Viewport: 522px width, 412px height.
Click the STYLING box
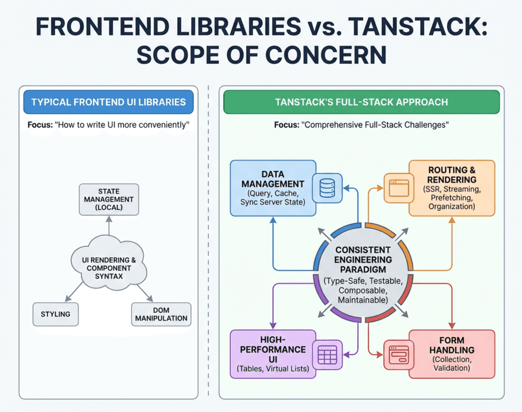(56, 314)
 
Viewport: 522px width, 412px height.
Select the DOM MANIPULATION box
(161, 314)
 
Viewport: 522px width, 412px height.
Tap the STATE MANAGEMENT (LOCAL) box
(109, 199)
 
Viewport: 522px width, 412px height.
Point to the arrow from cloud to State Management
(109, 226)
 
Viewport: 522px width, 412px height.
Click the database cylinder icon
(327, 188)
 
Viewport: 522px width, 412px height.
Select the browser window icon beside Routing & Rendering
(399, 188)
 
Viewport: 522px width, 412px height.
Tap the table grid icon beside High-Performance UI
(327, 355)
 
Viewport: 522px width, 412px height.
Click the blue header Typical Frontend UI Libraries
(108, 102)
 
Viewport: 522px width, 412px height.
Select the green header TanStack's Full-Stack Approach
(361, 102)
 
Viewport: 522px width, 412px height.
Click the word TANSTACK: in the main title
(418, 26)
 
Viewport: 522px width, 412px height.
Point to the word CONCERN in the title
(326, 55)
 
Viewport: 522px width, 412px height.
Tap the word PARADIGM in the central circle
(363, 269)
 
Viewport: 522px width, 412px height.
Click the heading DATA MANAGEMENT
(273, 179)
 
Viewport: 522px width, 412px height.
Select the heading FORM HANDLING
(452, 345)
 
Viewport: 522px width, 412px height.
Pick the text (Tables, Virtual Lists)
(273, 369)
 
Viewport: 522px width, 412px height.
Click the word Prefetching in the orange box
(452, 198)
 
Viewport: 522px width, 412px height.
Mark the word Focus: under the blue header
(40, 125)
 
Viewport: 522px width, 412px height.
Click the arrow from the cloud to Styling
(75, 292)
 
